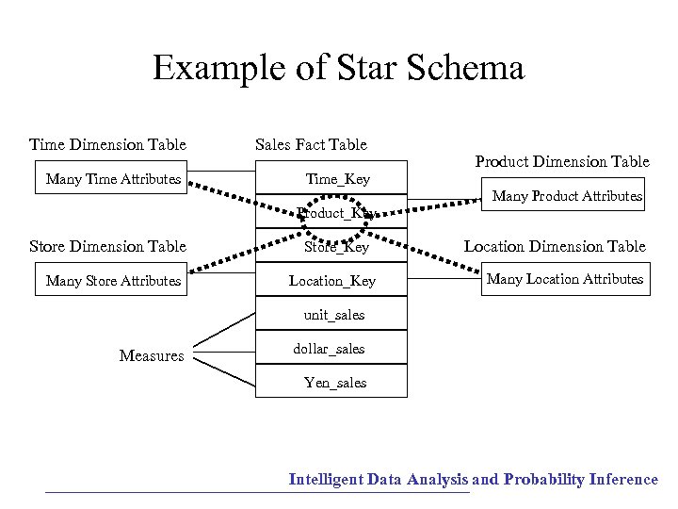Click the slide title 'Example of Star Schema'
tap(338, 69)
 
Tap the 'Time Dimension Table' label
tap(107, 144)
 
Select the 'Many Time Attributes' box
tap(113, 179)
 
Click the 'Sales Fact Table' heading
tap(311, 144)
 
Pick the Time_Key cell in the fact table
tap(337, 179)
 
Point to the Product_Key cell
tap(333, 213)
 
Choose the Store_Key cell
tap(336, 247)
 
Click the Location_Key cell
tap(332, 281)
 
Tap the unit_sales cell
tap(333, 315)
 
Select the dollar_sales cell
tap(329, 349)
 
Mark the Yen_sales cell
tap(334, 382)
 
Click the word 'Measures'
tap(152, 355)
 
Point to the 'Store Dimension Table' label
tap(107, 246)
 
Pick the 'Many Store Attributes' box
tap(113, 280)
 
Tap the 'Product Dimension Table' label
tap(562, 161)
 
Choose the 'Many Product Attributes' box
tap(567, 196)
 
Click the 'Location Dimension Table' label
tap(555, 246)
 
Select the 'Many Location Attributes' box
tap(565, 279)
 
